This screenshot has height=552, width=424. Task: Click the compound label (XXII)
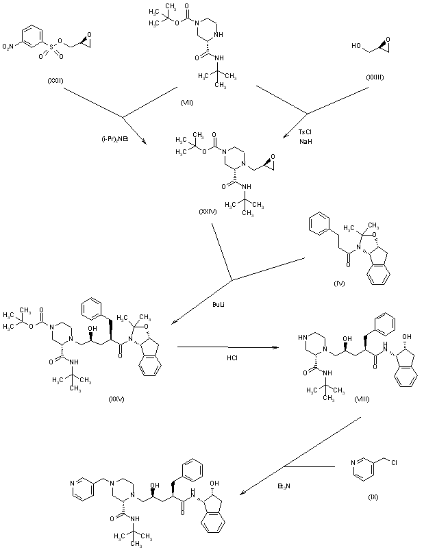pos(55,81)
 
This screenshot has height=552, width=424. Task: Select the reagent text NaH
pos(305,141)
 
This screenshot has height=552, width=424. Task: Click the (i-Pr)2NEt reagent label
pos(115,138)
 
